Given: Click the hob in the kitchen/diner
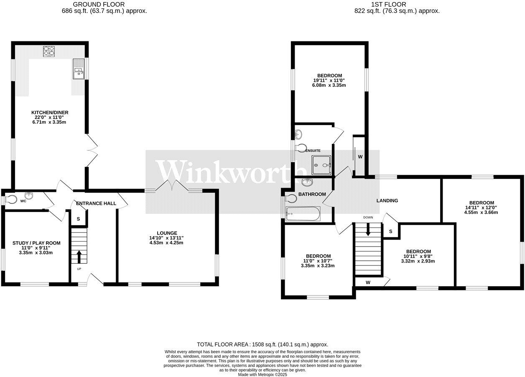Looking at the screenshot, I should point(49,51).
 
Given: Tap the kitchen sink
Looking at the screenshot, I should point(79,69).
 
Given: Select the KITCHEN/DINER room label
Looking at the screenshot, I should point(50,112).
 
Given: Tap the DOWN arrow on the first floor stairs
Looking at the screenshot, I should point(368,229).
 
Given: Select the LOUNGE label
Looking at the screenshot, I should point(167,233).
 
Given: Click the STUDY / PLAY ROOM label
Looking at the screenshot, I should point(36,243).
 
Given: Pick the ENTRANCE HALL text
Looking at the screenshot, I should point(96,204).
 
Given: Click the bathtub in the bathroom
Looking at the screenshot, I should point(303,214).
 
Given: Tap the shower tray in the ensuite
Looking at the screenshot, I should point(321,165).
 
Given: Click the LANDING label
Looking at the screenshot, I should point(387,201).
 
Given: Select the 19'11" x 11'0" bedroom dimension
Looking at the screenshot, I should point(329,80).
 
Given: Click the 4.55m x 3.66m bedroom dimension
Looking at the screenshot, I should point(481,212).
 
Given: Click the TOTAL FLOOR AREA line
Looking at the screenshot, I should point(262,344).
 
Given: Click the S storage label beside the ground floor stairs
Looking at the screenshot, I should point(78,219).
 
